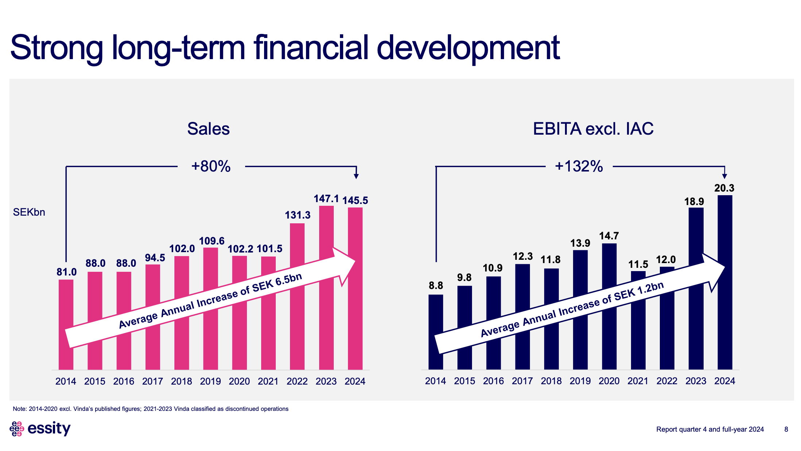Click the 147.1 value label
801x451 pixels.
coord(326,199)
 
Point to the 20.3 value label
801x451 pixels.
coord(724,188)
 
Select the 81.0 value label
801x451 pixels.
coord(66,272)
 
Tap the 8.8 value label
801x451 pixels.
coord(436,286)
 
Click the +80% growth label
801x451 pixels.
coord(211,166)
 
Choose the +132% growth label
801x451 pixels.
coord(579,166)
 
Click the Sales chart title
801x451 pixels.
coord(208,129)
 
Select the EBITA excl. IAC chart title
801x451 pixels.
coord(593,129)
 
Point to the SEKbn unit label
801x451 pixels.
coord(29,212)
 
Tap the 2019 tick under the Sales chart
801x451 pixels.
coord(210,381)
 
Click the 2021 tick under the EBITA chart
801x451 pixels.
coord(638,381)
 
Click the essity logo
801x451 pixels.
coord(40,429)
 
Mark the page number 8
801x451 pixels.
coord(786,429)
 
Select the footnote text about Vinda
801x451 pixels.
coord(151,409)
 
